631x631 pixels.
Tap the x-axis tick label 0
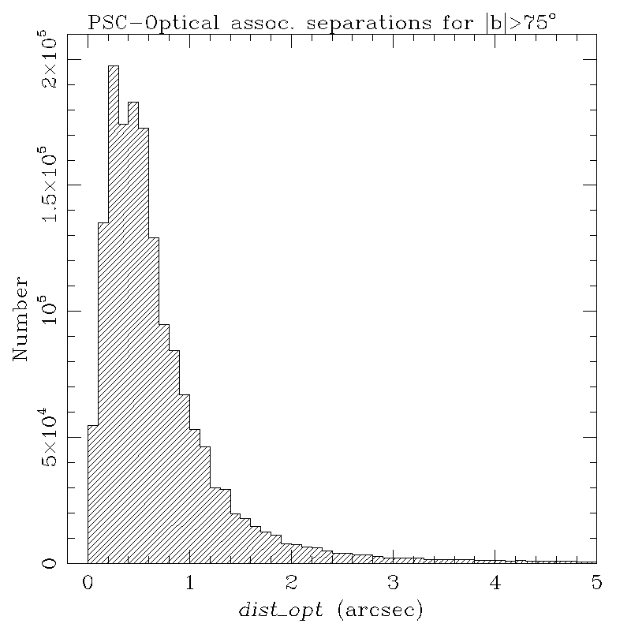pos(87,583)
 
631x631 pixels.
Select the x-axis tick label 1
pos(189,583)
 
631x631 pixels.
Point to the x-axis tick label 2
pos(291,583)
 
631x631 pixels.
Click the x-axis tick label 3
pos(393,583)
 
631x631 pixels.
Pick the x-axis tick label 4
pos(495,583)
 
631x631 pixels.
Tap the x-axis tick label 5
pos(596,583)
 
